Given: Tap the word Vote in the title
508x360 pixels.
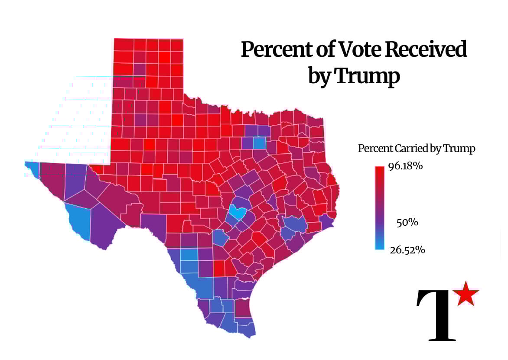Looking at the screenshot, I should pyautogui.click(x=355, y=50).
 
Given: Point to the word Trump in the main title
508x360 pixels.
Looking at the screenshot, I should pyautogui.click(x=367, y=76).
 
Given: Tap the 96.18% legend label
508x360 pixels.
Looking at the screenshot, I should pyautogui.click(x=405, y=166).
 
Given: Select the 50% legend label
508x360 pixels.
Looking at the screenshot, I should pyautogui.click(x=407, y=223).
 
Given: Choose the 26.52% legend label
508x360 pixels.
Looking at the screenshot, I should pyautogui.click(x=407, y=250).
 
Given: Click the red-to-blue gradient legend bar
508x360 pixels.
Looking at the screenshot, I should pyautogui.click(x=380, y=208).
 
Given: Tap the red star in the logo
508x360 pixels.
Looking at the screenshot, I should pyautogui.click(x=466, y=293).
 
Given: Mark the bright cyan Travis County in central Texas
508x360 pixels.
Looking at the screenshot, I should pyautogui.click(x=238, y=212).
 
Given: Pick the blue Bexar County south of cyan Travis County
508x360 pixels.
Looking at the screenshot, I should pyautogui.click(x=221, y=237).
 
